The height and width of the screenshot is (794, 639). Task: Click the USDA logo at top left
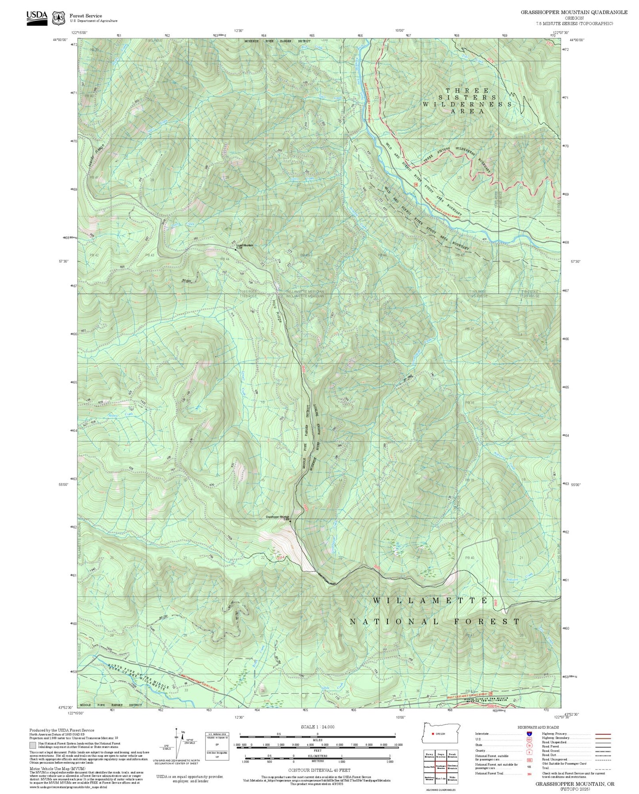(x=37, y=17)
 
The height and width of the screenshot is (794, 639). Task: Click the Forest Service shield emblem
(x=58, y=18)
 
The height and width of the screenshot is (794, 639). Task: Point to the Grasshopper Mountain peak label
(x=277, y=517)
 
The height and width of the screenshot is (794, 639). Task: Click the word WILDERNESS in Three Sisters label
(x=467, y=104)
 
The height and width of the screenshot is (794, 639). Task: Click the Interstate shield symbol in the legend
(x=528, y=734)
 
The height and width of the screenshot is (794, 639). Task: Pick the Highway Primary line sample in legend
(x=603, y=734)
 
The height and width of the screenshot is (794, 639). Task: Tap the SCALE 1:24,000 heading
(x=317, y=727)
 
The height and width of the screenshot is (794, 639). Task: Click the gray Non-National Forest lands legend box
(x=33, y=745)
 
